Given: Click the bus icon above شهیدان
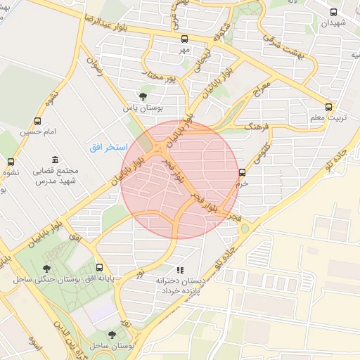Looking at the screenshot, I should point(333,12).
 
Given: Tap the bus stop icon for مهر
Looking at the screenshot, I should point(184,39).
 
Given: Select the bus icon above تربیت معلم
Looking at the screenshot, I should point(328,107).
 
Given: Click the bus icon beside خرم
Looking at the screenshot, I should point(242,171).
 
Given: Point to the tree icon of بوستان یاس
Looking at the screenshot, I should point(143,96).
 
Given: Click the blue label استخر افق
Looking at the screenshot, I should point(108,148).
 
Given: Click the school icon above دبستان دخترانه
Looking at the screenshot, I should point(180,269).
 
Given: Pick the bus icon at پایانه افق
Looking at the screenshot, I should point(99,268).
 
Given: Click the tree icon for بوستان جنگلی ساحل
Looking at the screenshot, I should point(47,268).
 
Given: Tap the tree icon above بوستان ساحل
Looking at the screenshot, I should point(112,335).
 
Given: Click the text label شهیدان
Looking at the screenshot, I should point(334,22).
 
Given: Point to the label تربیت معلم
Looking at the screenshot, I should point(328,118).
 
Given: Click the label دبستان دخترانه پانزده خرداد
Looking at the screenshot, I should point(181,285).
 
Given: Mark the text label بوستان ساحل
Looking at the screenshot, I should point(112,347).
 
